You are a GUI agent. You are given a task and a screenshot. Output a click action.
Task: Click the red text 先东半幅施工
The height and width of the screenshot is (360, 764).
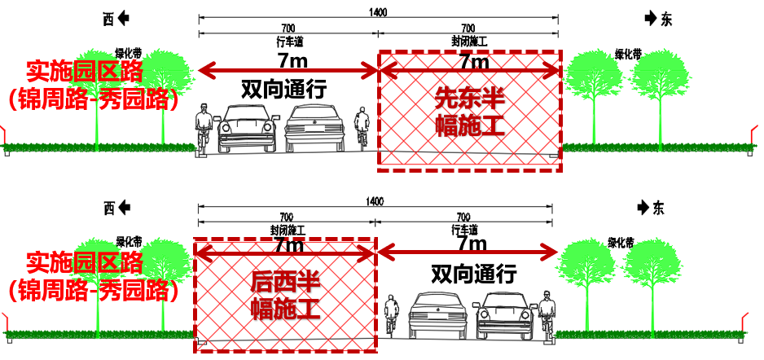470,112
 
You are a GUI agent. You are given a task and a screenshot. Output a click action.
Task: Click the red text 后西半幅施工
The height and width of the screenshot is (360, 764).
285,295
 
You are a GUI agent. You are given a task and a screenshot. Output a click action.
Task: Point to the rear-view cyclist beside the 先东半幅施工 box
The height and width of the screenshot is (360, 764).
362,130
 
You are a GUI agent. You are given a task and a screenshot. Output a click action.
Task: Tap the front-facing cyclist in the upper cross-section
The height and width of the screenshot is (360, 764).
204,130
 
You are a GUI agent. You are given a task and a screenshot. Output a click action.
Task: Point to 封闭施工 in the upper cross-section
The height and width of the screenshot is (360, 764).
469,40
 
